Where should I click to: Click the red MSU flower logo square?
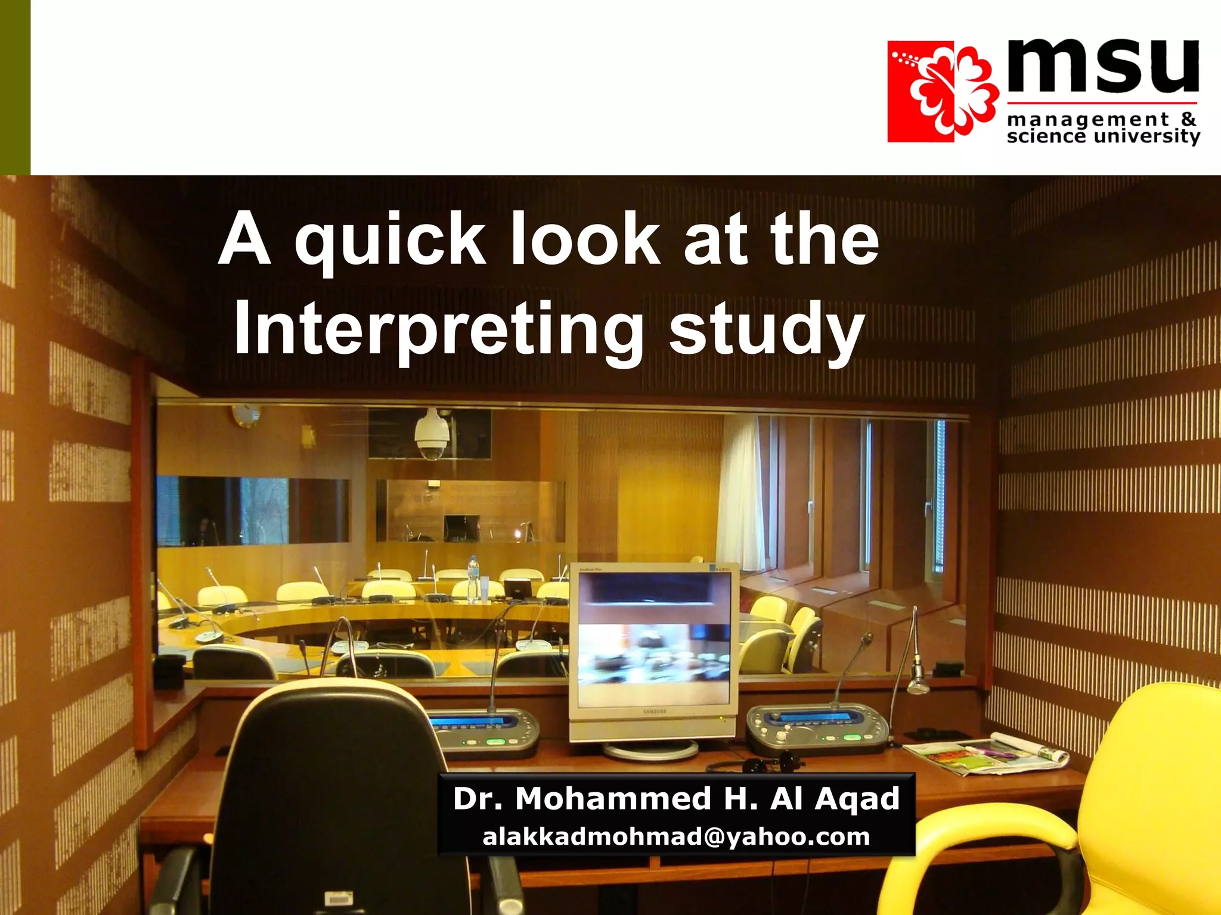click(942, 92)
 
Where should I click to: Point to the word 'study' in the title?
click(767, 329)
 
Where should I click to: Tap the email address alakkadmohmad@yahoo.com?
click(676, 837)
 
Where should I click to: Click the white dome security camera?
click(432, 434)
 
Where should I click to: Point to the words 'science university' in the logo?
click(1103, 136)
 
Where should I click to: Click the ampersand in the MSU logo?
click(1188, 119)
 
